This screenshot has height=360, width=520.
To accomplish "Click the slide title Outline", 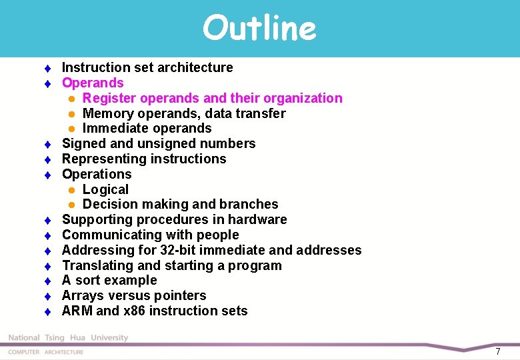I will point(259,28).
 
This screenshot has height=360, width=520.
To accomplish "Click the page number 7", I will point(497,351).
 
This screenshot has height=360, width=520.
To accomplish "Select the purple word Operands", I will point(93,83).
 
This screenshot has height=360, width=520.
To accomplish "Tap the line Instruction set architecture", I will point(147,67).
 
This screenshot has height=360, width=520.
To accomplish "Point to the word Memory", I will point(108,113).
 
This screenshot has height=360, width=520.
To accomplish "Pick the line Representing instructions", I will point(144,159).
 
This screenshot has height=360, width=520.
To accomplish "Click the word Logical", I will point(105,189).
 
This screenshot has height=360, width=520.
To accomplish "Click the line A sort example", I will point(109,280).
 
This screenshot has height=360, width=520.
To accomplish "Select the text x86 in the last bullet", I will point(129,311).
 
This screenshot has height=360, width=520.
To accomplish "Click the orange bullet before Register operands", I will point(71,99).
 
